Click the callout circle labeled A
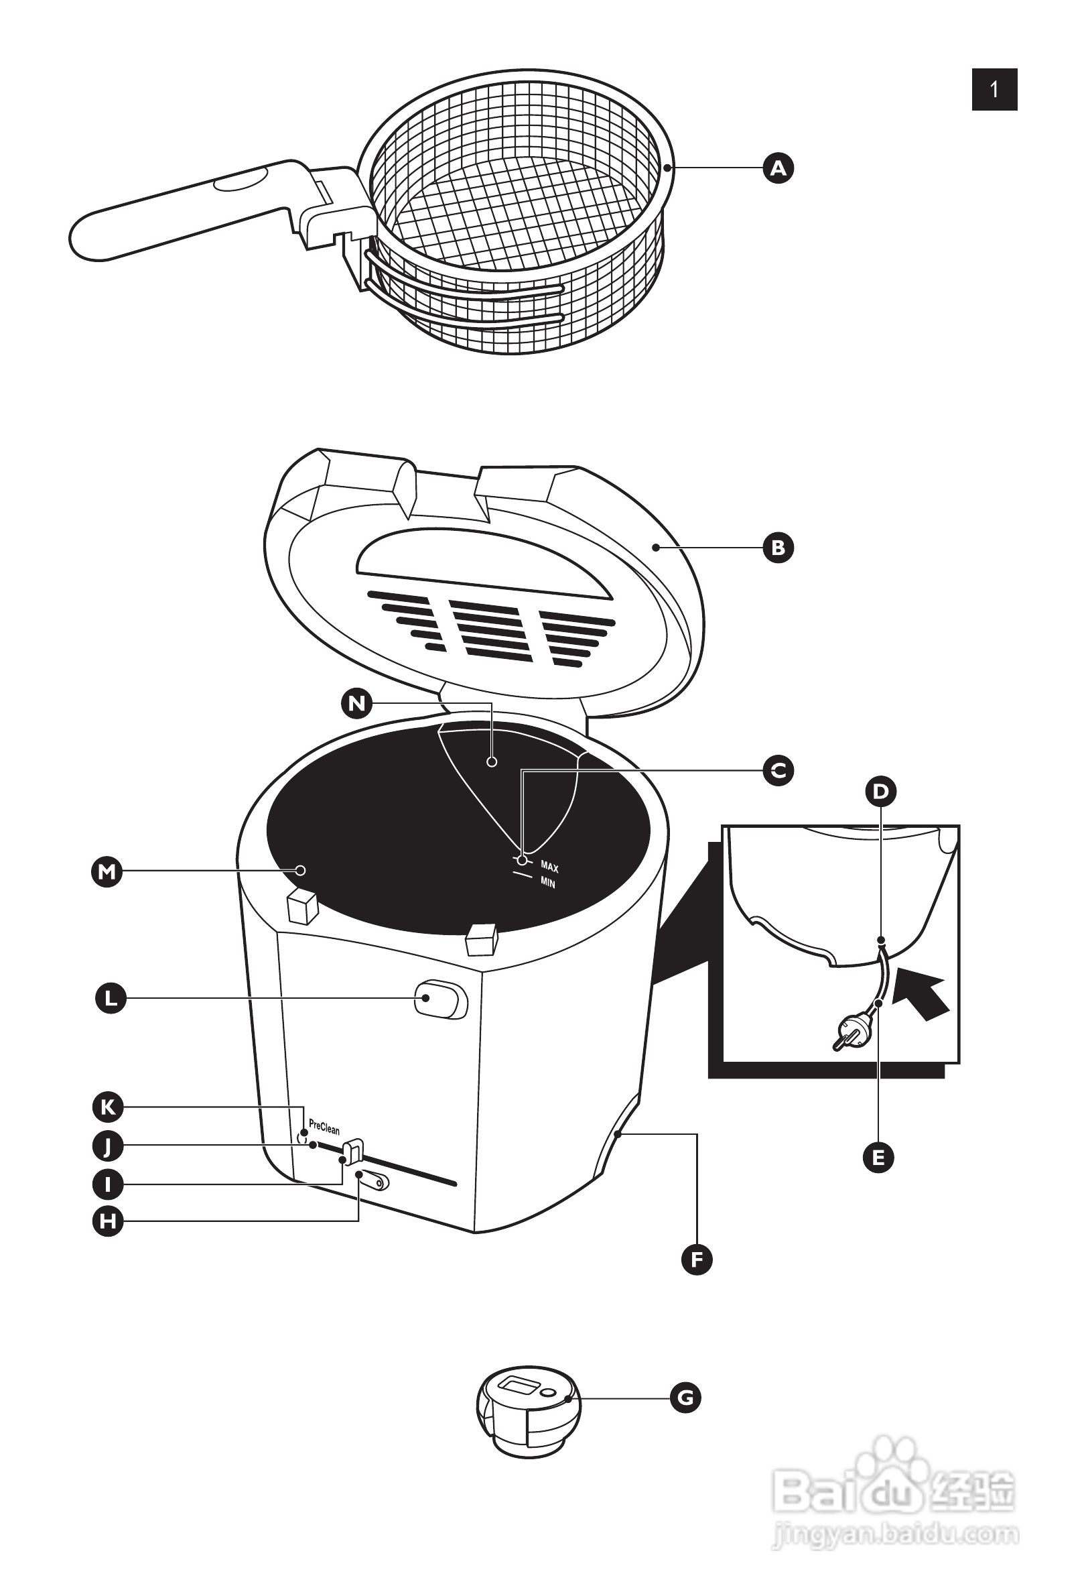point(778,168)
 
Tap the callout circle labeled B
point(778,548)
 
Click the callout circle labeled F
point(697,1260)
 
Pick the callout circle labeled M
point(107,872)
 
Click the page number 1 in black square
point(994,89)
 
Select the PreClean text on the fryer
point(324,1127)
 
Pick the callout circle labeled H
point(108,1221)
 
